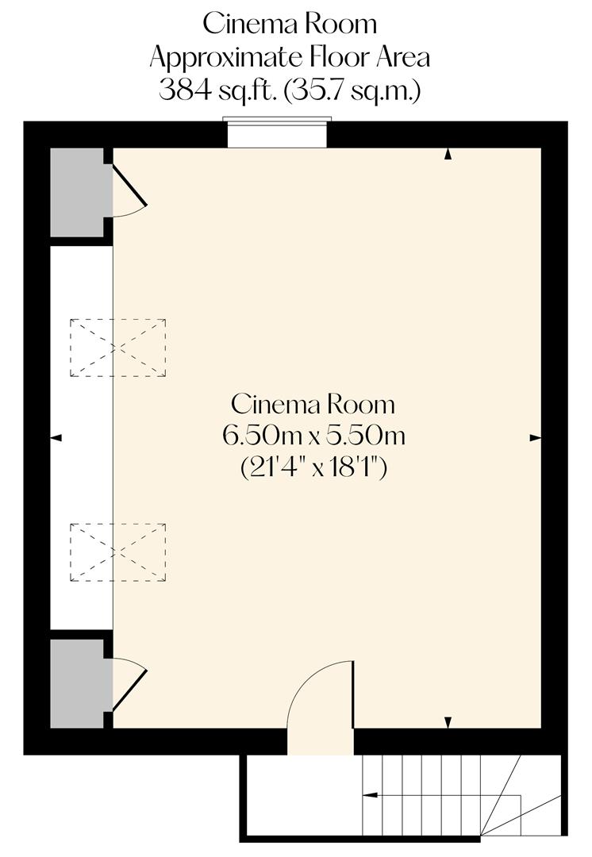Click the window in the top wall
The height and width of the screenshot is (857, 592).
pyautogui.click(x=276, y=133)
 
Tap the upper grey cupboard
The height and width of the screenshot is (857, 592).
pyautogui.click(x=77, y=191)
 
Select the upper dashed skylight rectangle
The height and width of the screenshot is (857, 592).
pyautogui.click(x=117, y=348)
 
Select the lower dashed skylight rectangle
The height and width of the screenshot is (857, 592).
pyautogui.click(x=117, y=552)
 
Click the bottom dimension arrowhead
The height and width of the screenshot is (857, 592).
pyautogui.click(x=448, y=721)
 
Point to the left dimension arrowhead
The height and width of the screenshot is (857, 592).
pyautogui.click(x=56, y=437)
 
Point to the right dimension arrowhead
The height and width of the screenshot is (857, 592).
pyautogui.click(x=535, y=437)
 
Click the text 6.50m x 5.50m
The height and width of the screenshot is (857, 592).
pyautogui.click(x=312, y=436)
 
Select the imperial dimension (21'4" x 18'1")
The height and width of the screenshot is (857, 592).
pyautogui.click(x=312, y=467)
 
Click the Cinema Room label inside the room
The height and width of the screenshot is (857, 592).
pyautogui.click(x=312, y=404)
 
